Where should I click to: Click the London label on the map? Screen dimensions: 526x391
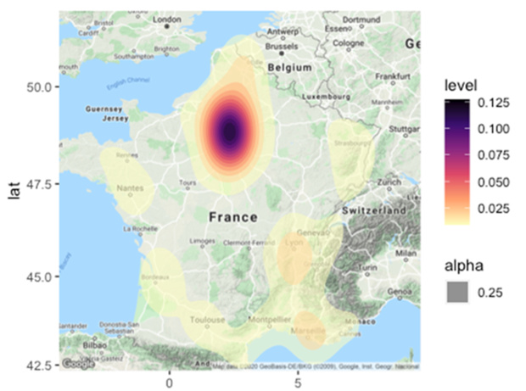pyautogui.click(x=168, y=19)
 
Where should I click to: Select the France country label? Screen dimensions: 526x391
pyautogui.click(x=232, y=217)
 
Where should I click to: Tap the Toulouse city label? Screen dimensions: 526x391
pyautogui.click(x=208, y=320)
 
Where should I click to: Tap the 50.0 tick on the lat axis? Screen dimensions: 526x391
pyautogui.click(x=40, y=87)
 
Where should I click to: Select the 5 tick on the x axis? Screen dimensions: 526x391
pyautogui.click(x=299, y=382)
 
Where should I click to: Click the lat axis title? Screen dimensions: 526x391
pyautogui.click(x=14, y=192)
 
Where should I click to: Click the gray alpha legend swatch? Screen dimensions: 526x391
pyautogui.click(x=457, y=291)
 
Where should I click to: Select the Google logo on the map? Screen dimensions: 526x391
pyautogui.click(x=77, y=364)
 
